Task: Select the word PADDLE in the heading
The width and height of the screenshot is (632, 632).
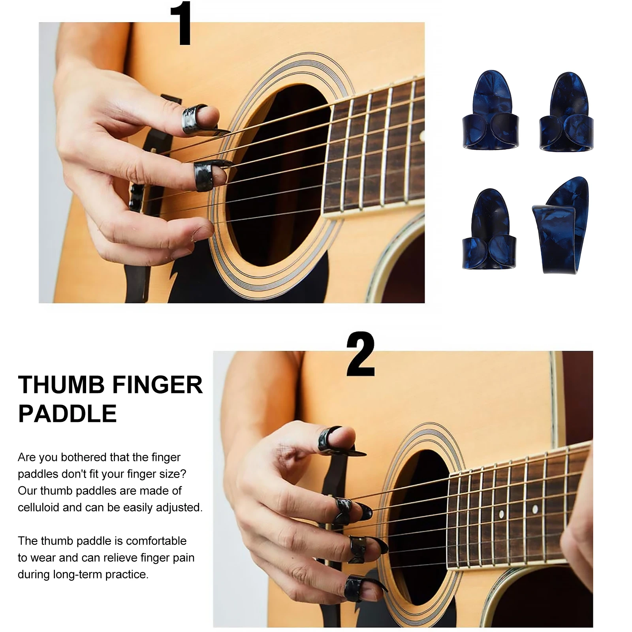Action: [68, 414]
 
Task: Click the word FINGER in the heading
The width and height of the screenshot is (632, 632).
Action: [157, 385]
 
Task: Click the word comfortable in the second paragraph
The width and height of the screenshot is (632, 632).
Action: [156, 541]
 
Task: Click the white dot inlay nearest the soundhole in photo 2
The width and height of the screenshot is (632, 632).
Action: [501, 514]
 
